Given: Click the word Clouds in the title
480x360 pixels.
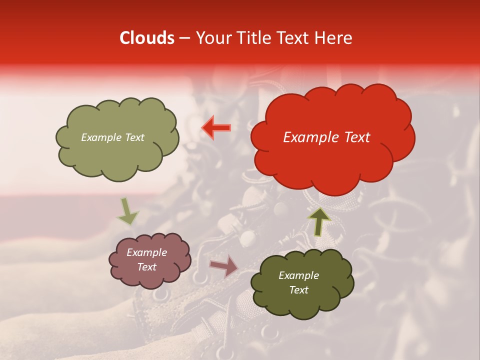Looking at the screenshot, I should (x=147, y=38).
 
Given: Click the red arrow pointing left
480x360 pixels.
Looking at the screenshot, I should (x=216, y=127).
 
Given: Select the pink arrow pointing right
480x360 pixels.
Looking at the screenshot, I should (x=224, y=266).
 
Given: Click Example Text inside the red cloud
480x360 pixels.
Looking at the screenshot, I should (x=326, y=137).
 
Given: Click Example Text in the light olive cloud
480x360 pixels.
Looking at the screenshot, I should (x=112, y=137).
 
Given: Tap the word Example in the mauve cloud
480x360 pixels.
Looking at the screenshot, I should (x=146, y=252).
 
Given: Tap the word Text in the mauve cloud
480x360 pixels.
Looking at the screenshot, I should (x=146, y=267).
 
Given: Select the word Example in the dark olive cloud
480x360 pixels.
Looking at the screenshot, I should (x=298, y=275).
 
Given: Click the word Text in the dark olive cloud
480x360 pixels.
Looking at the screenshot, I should (x=298, y=290).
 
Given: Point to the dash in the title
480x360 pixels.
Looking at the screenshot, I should (x=184, y=38).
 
